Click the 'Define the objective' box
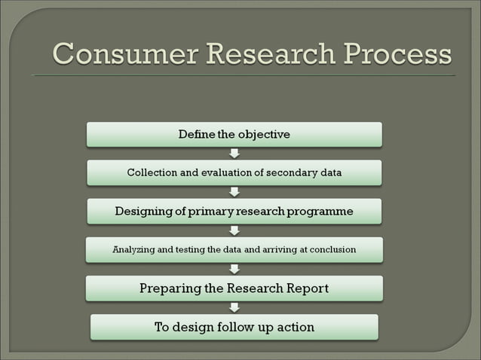pos(234,134)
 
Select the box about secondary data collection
pos(234,172)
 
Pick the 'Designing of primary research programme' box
pos(234,211)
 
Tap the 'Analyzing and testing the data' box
pos(234,249)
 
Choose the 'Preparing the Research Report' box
pos(234,288)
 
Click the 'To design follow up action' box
pos(234,327)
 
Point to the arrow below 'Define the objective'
pos(234,154)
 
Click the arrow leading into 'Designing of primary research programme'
pos(234,192)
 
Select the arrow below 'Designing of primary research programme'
pos(234,230)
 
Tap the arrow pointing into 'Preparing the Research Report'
pos(234,269)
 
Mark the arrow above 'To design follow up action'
pos(234,307)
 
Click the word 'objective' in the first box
pos(264,134)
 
